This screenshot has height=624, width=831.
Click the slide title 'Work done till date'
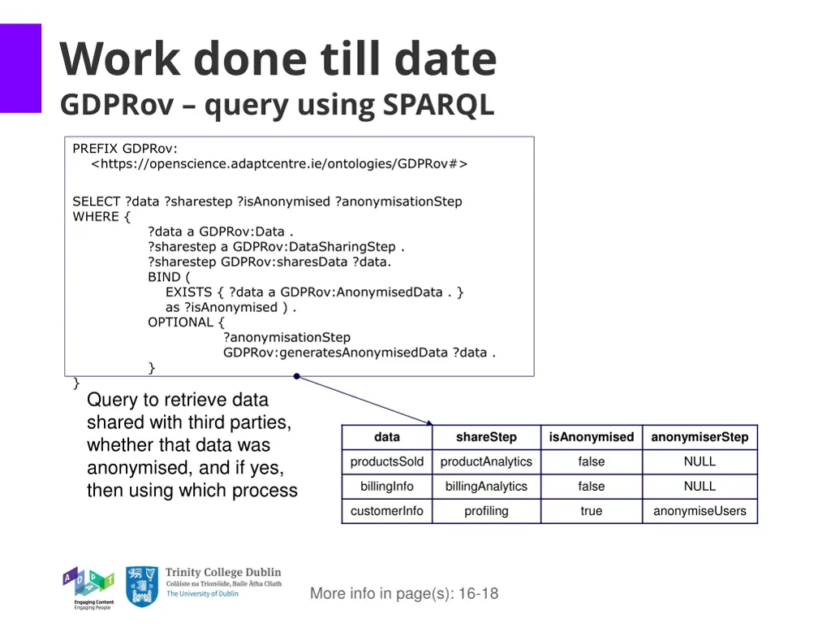tap(278, 59)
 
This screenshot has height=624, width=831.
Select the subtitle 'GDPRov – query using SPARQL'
tap(277, 105)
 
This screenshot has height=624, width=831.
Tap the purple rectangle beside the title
tap(20, 67)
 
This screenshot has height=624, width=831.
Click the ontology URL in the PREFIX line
tap(279, 163)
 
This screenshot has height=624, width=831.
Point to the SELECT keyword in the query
tap(97, 201)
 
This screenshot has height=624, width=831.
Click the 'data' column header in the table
tap(387, 437)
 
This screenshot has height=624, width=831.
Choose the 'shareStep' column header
tap(486, 437)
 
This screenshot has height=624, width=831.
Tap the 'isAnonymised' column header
tap(591, 437)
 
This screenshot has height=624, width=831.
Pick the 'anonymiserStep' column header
tap(700, 437)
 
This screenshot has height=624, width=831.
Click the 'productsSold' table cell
tap(387, 461)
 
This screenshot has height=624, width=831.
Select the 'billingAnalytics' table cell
tap(486, 487)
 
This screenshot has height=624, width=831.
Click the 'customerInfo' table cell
tap(387, 511)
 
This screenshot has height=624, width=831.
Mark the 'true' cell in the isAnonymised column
tap(591, 511)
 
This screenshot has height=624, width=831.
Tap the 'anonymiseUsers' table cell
tap(700, 511)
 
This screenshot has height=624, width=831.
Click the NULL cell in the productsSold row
tap(700, 461)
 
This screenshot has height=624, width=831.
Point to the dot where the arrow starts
tap(297, 376)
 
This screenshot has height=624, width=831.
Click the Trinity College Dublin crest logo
tap(142, 587)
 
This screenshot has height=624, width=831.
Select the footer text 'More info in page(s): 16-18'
tap(404, 593)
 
